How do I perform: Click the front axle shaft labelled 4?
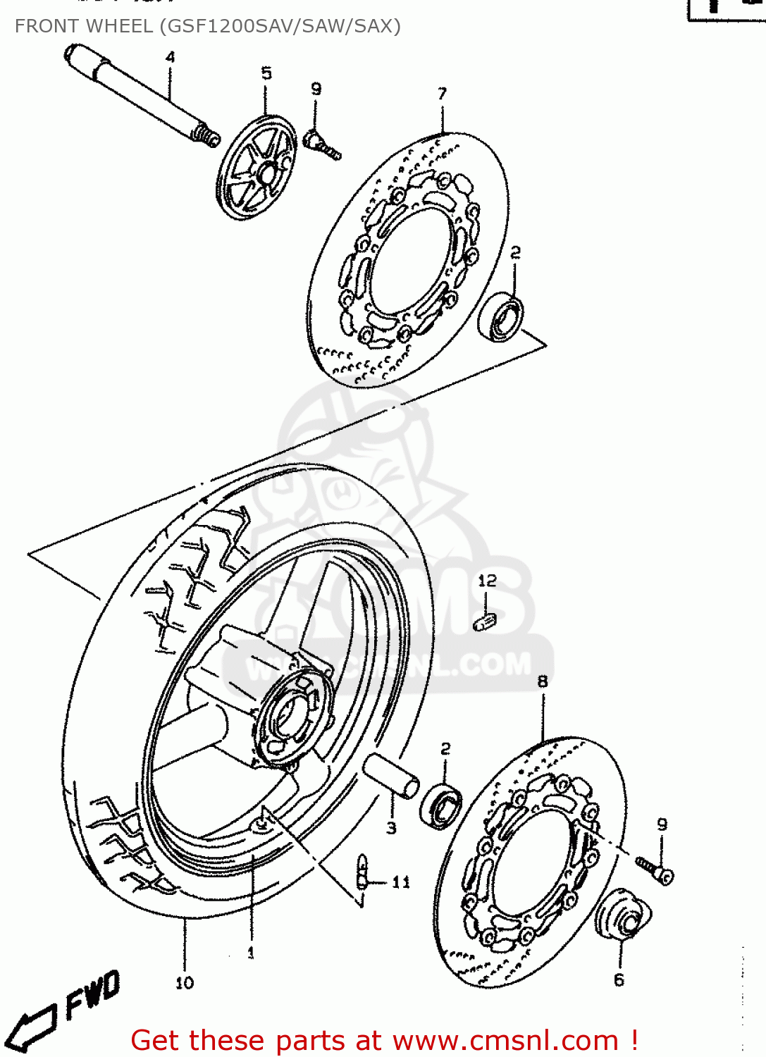pos(137,94)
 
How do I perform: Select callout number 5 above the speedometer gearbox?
pos(266,73)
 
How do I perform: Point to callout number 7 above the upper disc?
pos(442,94)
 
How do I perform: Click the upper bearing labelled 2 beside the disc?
pos(501,318)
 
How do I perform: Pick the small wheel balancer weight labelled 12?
pos(485,622)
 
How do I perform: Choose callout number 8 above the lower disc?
pos(542,681)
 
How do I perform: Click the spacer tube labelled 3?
pos(392,774)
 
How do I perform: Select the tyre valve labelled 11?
pos(362,874)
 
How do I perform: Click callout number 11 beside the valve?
pos(401,882)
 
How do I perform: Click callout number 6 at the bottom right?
pos(619,979)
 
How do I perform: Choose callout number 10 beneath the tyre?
pos(185,982)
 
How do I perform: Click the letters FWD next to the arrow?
pos(92,994)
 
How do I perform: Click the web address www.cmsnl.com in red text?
pos(505,1041)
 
